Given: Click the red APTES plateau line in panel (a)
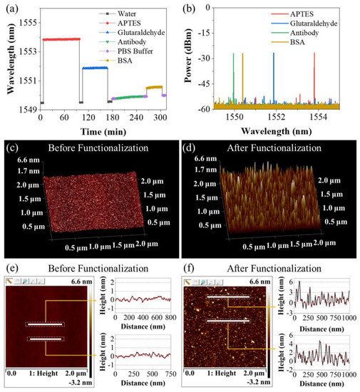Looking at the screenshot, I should (x=60, y=39).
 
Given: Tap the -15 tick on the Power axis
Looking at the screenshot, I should (x=204, y=31).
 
